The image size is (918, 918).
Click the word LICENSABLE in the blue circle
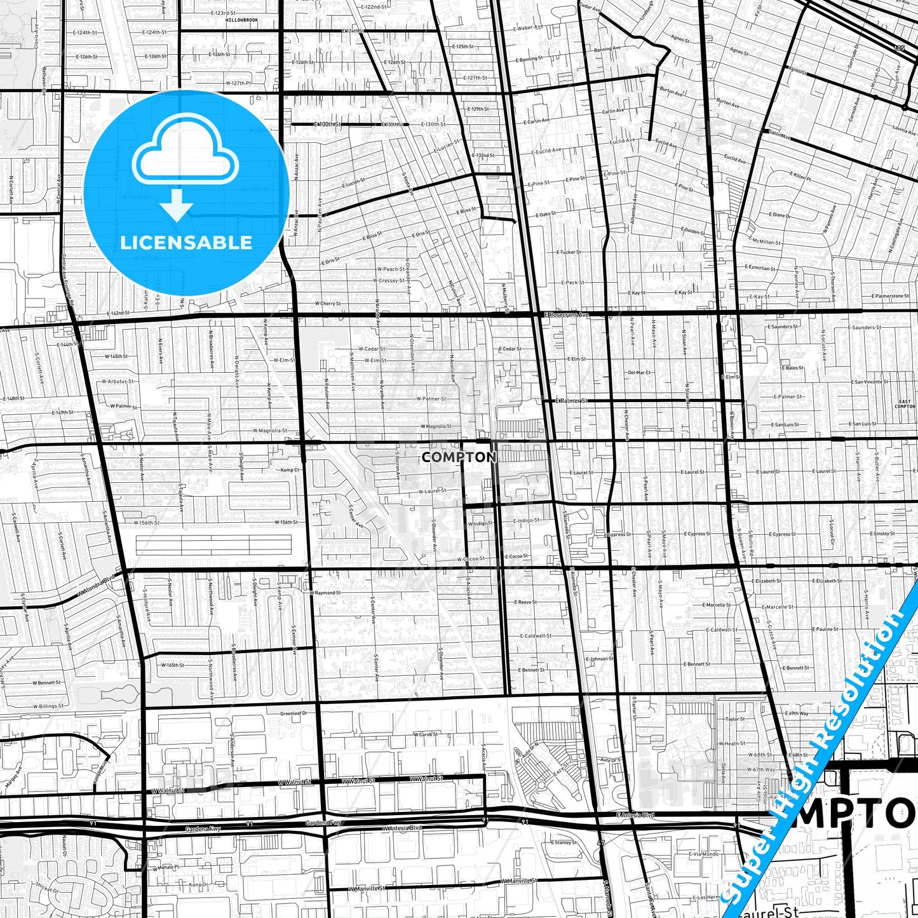(186, 242)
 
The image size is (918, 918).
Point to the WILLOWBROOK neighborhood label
(241, 20)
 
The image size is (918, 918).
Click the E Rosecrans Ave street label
(567, 314)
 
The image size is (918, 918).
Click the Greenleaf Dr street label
(294, 713)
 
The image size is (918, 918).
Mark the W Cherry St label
(328, 304)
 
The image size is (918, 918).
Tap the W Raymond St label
(326, 592)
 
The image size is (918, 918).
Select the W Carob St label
(426, 734)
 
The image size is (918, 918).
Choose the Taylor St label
(735, 719)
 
